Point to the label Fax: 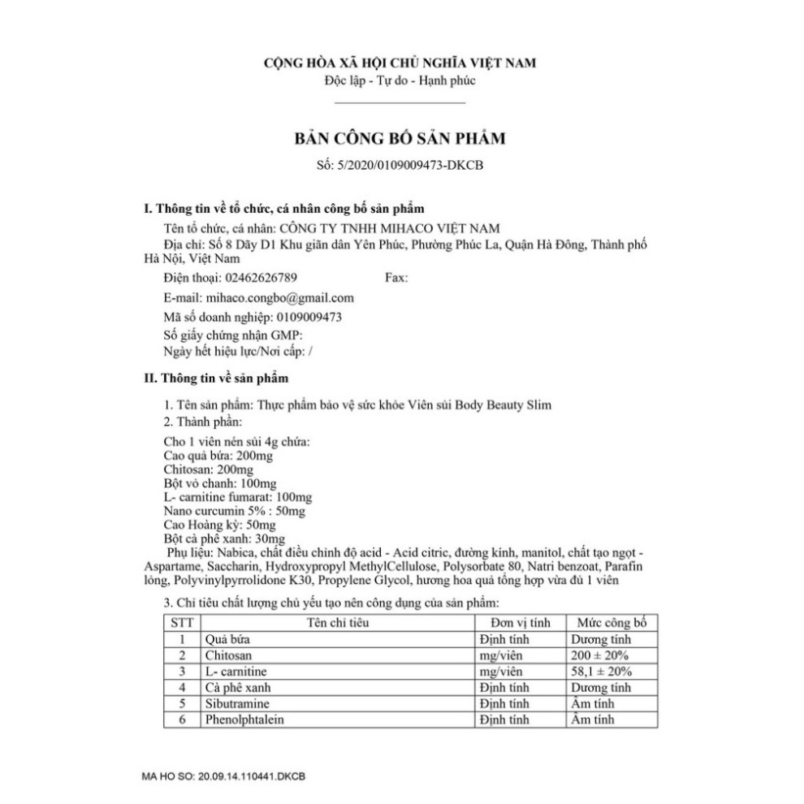coord(396,278)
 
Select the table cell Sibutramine coord(236,703)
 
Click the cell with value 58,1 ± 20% coord(602,672)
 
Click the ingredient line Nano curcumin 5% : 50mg coord(234,511)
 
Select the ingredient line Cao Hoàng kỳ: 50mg coord(220,525)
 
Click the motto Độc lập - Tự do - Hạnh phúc coord(400,80)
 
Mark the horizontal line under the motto coord(400,103)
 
